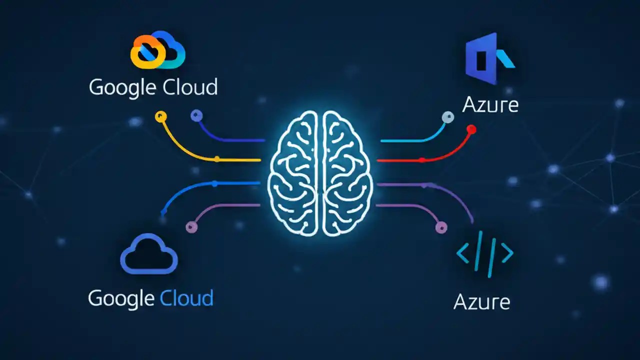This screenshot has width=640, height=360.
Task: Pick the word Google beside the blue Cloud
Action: pos(121,298)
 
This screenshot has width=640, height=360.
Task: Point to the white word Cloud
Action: pos(190,87)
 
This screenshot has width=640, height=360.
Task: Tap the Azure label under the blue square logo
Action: pos(490,105)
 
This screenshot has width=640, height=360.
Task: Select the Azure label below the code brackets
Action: pos(481,302)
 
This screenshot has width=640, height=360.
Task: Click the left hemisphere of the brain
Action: pos(295,172)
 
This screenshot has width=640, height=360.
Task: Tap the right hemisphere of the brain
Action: pos(347,172)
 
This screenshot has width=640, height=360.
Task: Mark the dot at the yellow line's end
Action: pos(160,117)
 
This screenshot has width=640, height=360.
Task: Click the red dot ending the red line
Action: pos(470,129)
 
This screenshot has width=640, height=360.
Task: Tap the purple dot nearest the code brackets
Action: pos(440,227)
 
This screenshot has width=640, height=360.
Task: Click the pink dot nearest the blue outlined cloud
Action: pos(191,227)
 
